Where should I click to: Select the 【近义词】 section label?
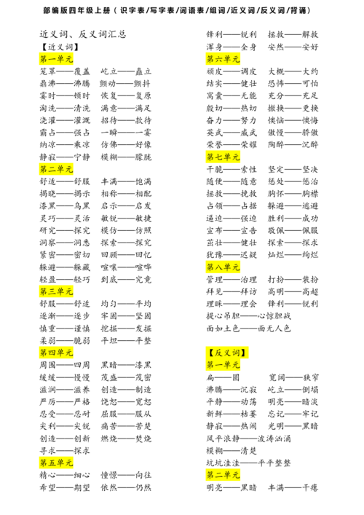60,47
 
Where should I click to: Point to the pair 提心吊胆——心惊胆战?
248,316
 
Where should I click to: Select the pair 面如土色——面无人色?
248,329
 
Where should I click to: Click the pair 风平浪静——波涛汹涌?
248,439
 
